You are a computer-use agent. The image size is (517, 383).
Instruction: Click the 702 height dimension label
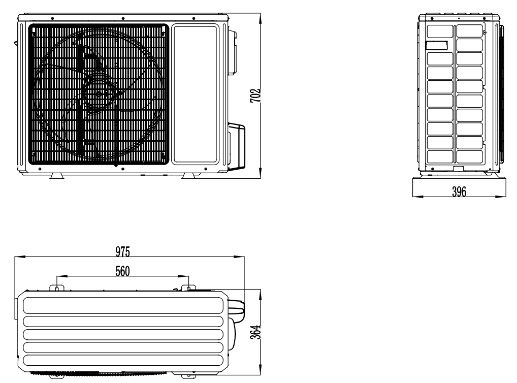(255, 95)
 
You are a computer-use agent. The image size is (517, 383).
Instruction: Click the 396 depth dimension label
(459, 191)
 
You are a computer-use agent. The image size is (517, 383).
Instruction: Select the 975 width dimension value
(123, 252)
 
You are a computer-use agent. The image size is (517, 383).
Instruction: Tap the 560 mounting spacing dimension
(123, 271)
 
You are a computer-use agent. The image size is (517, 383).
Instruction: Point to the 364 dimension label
(255, 332)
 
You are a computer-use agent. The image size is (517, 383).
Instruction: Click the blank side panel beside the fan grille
(195, 94)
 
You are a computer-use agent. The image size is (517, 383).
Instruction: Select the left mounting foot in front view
(57, 176)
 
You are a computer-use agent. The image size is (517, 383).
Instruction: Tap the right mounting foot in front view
(189, 176)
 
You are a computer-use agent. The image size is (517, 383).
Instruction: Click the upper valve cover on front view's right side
(232, 52)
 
